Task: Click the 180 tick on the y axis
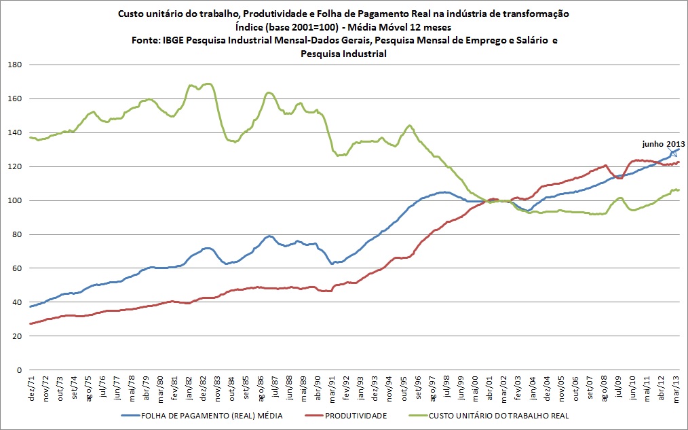click(x=15, y=65)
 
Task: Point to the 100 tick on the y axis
click(x=15, y=200)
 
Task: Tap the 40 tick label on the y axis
click(x=17, y=302)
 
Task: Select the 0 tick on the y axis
click(x=20, y=370)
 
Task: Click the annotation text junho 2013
click(x=662, y=143)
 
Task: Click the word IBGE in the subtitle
click(x=174, y=41)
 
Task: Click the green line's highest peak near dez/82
click(x=208, y=84)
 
